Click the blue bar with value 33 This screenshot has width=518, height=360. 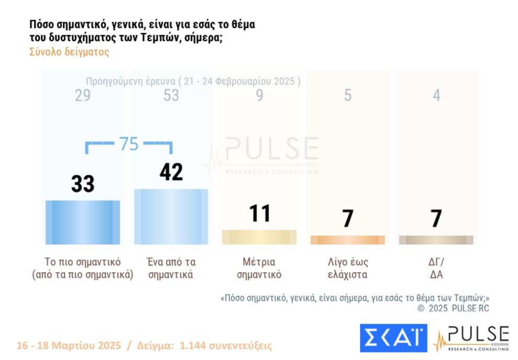83,222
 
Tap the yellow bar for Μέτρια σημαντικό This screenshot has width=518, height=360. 259,237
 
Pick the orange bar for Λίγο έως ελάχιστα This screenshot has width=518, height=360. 347,240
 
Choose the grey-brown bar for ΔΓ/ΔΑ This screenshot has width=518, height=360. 436,240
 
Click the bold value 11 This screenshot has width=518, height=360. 260,214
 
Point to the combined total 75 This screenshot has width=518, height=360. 129,144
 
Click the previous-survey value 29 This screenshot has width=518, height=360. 83,96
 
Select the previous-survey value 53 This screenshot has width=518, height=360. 171,96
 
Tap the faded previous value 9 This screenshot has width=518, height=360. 260,96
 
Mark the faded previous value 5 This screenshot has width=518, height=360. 348,96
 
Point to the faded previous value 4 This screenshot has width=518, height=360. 436,96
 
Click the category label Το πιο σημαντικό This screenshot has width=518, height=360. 83,262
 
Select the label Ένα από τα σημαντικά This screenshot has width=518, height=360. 171,268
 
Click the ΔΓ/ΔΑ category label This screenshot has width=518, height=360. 436,268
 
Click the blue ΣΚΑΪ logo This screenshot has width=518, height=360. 393,338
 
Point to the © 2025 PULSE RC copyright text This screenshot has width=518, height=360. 453,309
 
